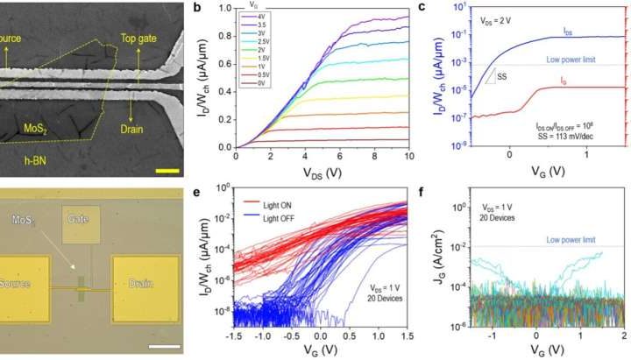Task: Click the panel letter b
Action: (x=207, y=9)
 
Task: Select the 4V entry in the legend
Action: (x=260, y=17)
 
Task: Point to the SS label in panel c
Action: (x=502, y=76)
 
